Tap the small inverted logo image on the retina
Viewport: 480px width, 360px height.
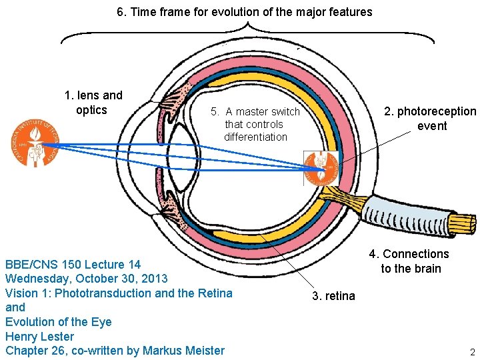click(321, 169)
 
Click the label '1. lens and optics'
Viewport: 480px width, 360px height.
click(93, 103)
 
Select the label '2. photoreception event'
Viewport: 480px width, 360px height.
click(430, 119)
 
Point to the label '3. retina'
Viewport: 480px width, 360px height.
click(334, 296)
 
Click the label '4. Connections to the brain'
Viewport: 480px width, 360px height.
click(409, 261)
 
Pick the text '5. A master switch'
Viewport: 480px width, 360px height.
click(255, 111)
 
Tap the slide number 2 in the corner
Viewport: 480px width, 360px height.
click(473, 352)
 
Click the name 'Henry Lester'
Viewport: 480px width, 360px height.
click(39, 337)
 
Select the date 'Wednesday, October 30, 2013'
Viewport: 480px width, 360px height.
click(86, 279)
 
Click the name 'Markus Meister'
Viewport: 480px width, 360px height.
click(184, 351)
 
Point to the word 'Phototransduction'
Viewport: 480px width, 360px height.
click(103, 293)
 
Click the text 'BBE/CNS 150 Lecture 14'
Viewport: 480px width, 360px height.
click(73, 265)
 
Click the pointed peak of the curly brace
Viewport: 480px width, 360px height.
click(247, 23)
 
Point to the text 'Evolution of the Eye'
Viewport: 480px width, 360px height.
click(59, 322)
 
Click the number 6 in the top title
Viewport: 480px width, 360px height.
click(120, 12)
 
